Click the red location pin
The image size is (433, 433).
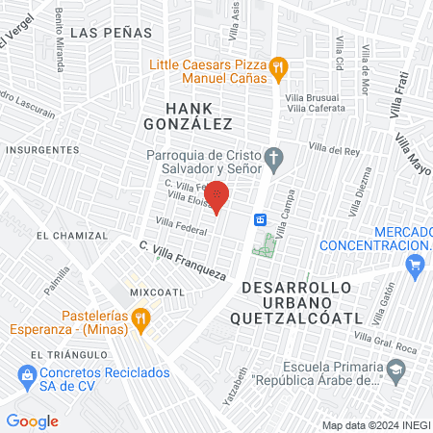[x=217, y=196]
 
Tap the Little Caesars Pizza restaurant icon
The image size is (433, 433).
[x=277, y=66]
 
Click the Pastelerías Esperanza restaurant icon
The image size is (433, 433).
[x=140, y=318]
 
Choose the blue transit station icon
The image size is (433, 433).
[x=260, y=219]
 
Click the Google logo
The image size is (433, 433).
[x=33, y=420]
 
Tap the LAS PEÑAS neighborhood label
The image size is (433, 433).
[x=112, y=32]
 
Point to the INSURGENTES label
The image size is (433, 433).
[x=41, y=150]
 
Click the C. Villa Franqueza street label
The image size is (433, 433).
[x=183, y=260]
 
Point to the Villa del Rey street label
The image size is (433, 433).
[x=334, y=149]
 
